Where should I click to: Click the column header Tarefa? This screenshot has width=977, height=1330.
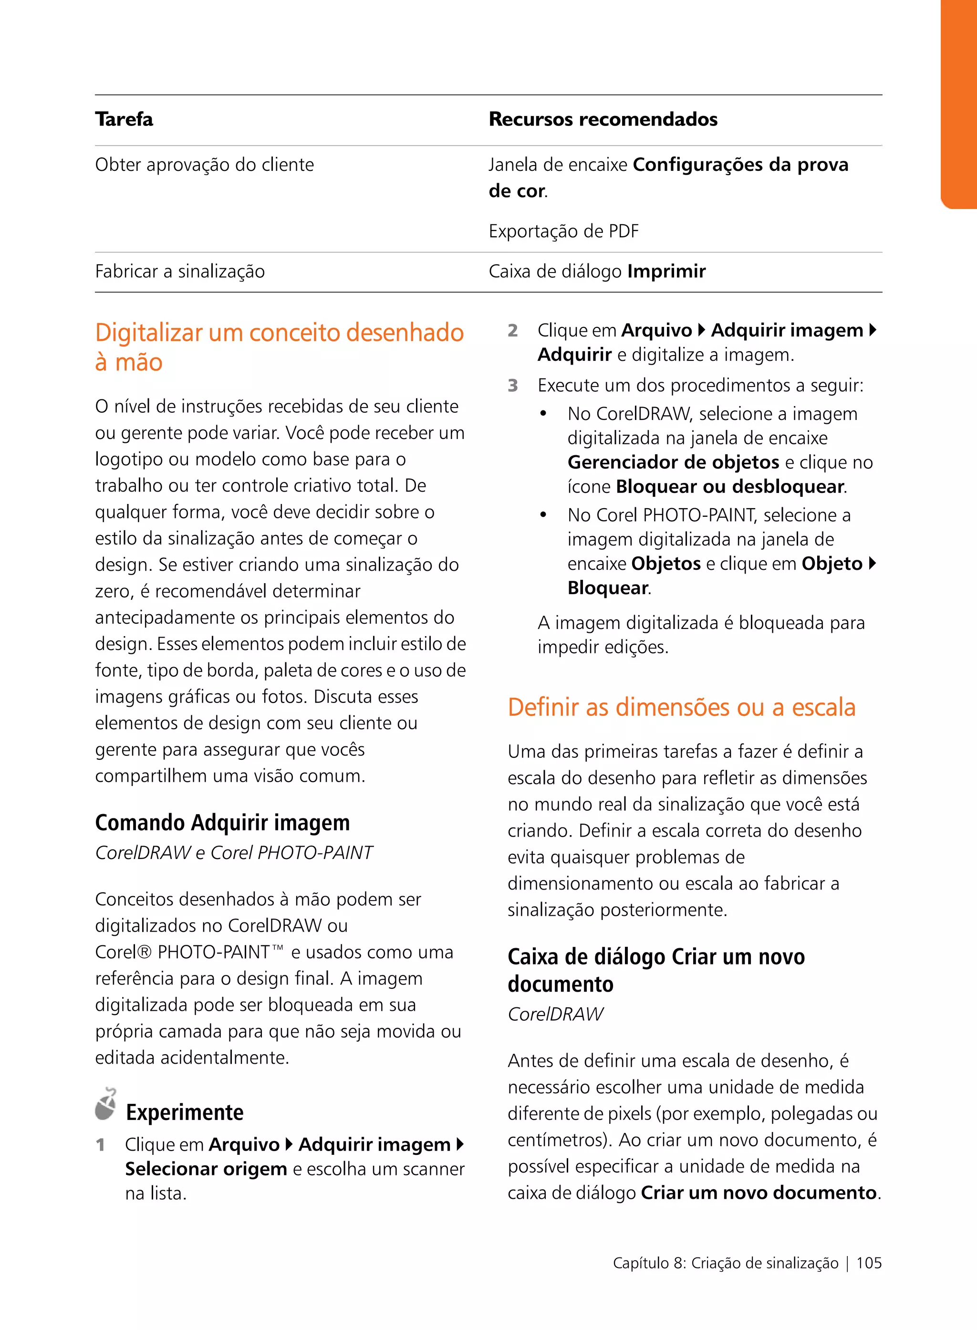(x=124, y=119)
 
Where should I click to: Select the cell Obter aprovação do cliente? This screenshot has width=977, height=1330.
(x=204, y=165)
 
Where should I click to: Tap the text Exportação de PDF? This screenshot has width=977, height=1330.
(x=563, y=231)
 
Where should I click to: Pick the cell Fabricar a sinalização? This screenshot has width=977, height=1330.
(x=180, y=272)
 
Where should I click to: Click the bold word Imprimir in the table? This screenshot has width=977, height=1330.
(x=666, y=272)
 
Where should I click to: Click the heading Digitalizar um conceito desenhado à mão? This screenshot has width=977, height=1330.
(x=279, y=347)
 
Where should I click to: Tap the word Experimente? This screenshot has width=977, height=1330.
(x=185, y=1113)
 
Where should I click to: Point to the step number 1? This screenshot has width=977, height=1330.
(x=101, y=1145)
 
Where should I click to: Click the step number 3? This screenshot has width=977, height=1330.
(x=513, y=386)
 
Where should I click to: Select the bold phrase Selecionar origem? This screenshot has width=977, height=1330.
(x=206, y=1169)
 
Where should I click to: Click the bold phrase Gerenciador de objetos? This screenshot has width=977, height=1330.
(x=673, y=462)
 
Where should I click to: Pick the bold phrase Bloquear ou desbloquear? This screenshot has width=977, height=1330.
(x=729, y=487)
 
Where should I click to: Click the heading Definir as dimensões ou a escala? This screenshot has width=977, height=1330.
(x=681, y=708)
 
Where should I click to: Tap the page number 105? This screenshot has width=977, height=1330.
(x=868, y=1263)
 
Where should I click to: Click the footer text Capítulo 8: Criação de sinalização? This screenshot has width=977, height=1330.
(x=725, y=1263)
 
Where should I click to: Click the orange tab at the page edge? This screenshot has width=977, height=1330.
(x=959, y=104)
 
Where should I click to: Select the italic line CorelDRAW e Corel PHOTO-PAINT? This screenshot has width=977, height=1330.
(x=234, y=853)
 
